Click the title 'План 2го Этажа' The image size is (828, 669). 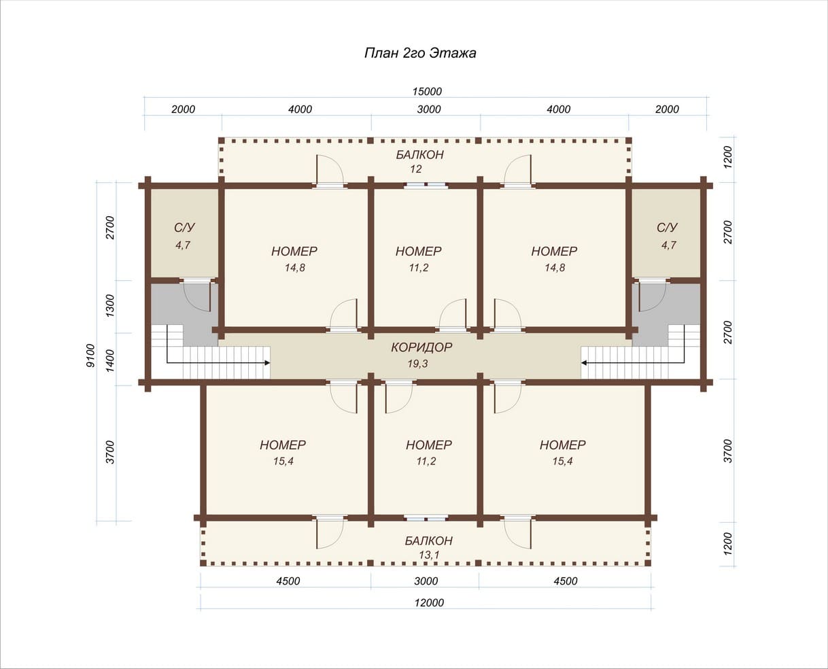tap(420, 53)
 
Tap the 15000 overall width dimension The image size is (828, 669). tap(427, 91)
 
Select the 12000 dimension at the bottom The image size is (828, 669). tap(429, 603)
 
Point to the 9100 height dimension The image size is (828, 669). tap(90, 356)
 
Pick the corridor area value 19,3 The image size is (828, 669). tap(417, 364)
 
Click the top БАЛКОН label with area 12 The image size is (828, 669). tap(420, 155)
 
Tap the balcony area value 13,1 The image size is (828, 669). tap(429, 555)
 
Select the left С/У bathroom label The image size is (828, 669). tap(184, 228)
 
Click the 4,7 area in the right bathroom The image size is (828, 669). tap(669, 245)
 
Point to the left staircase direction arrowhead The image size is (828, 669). tap(267, 363)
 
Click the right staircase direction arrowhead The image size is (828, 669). tap(584, 363)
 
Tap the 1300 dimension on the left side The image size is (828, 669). tap(110, 305)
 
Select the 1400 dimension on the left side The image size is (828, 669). tap(110, 360)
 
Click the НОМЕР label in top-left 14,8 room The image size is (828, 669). tap(294, 252)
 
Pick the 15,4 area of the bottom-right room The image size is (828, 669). tap(562, 462)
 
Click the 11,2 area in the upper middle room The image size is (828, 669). tap(418, 268)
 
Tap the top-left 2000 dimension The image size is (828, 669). tap(183, 109)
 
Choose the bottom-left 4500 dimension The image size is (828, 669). tap(288, 581)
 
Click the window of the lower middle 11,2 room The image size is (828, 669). tap(426, 518)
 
